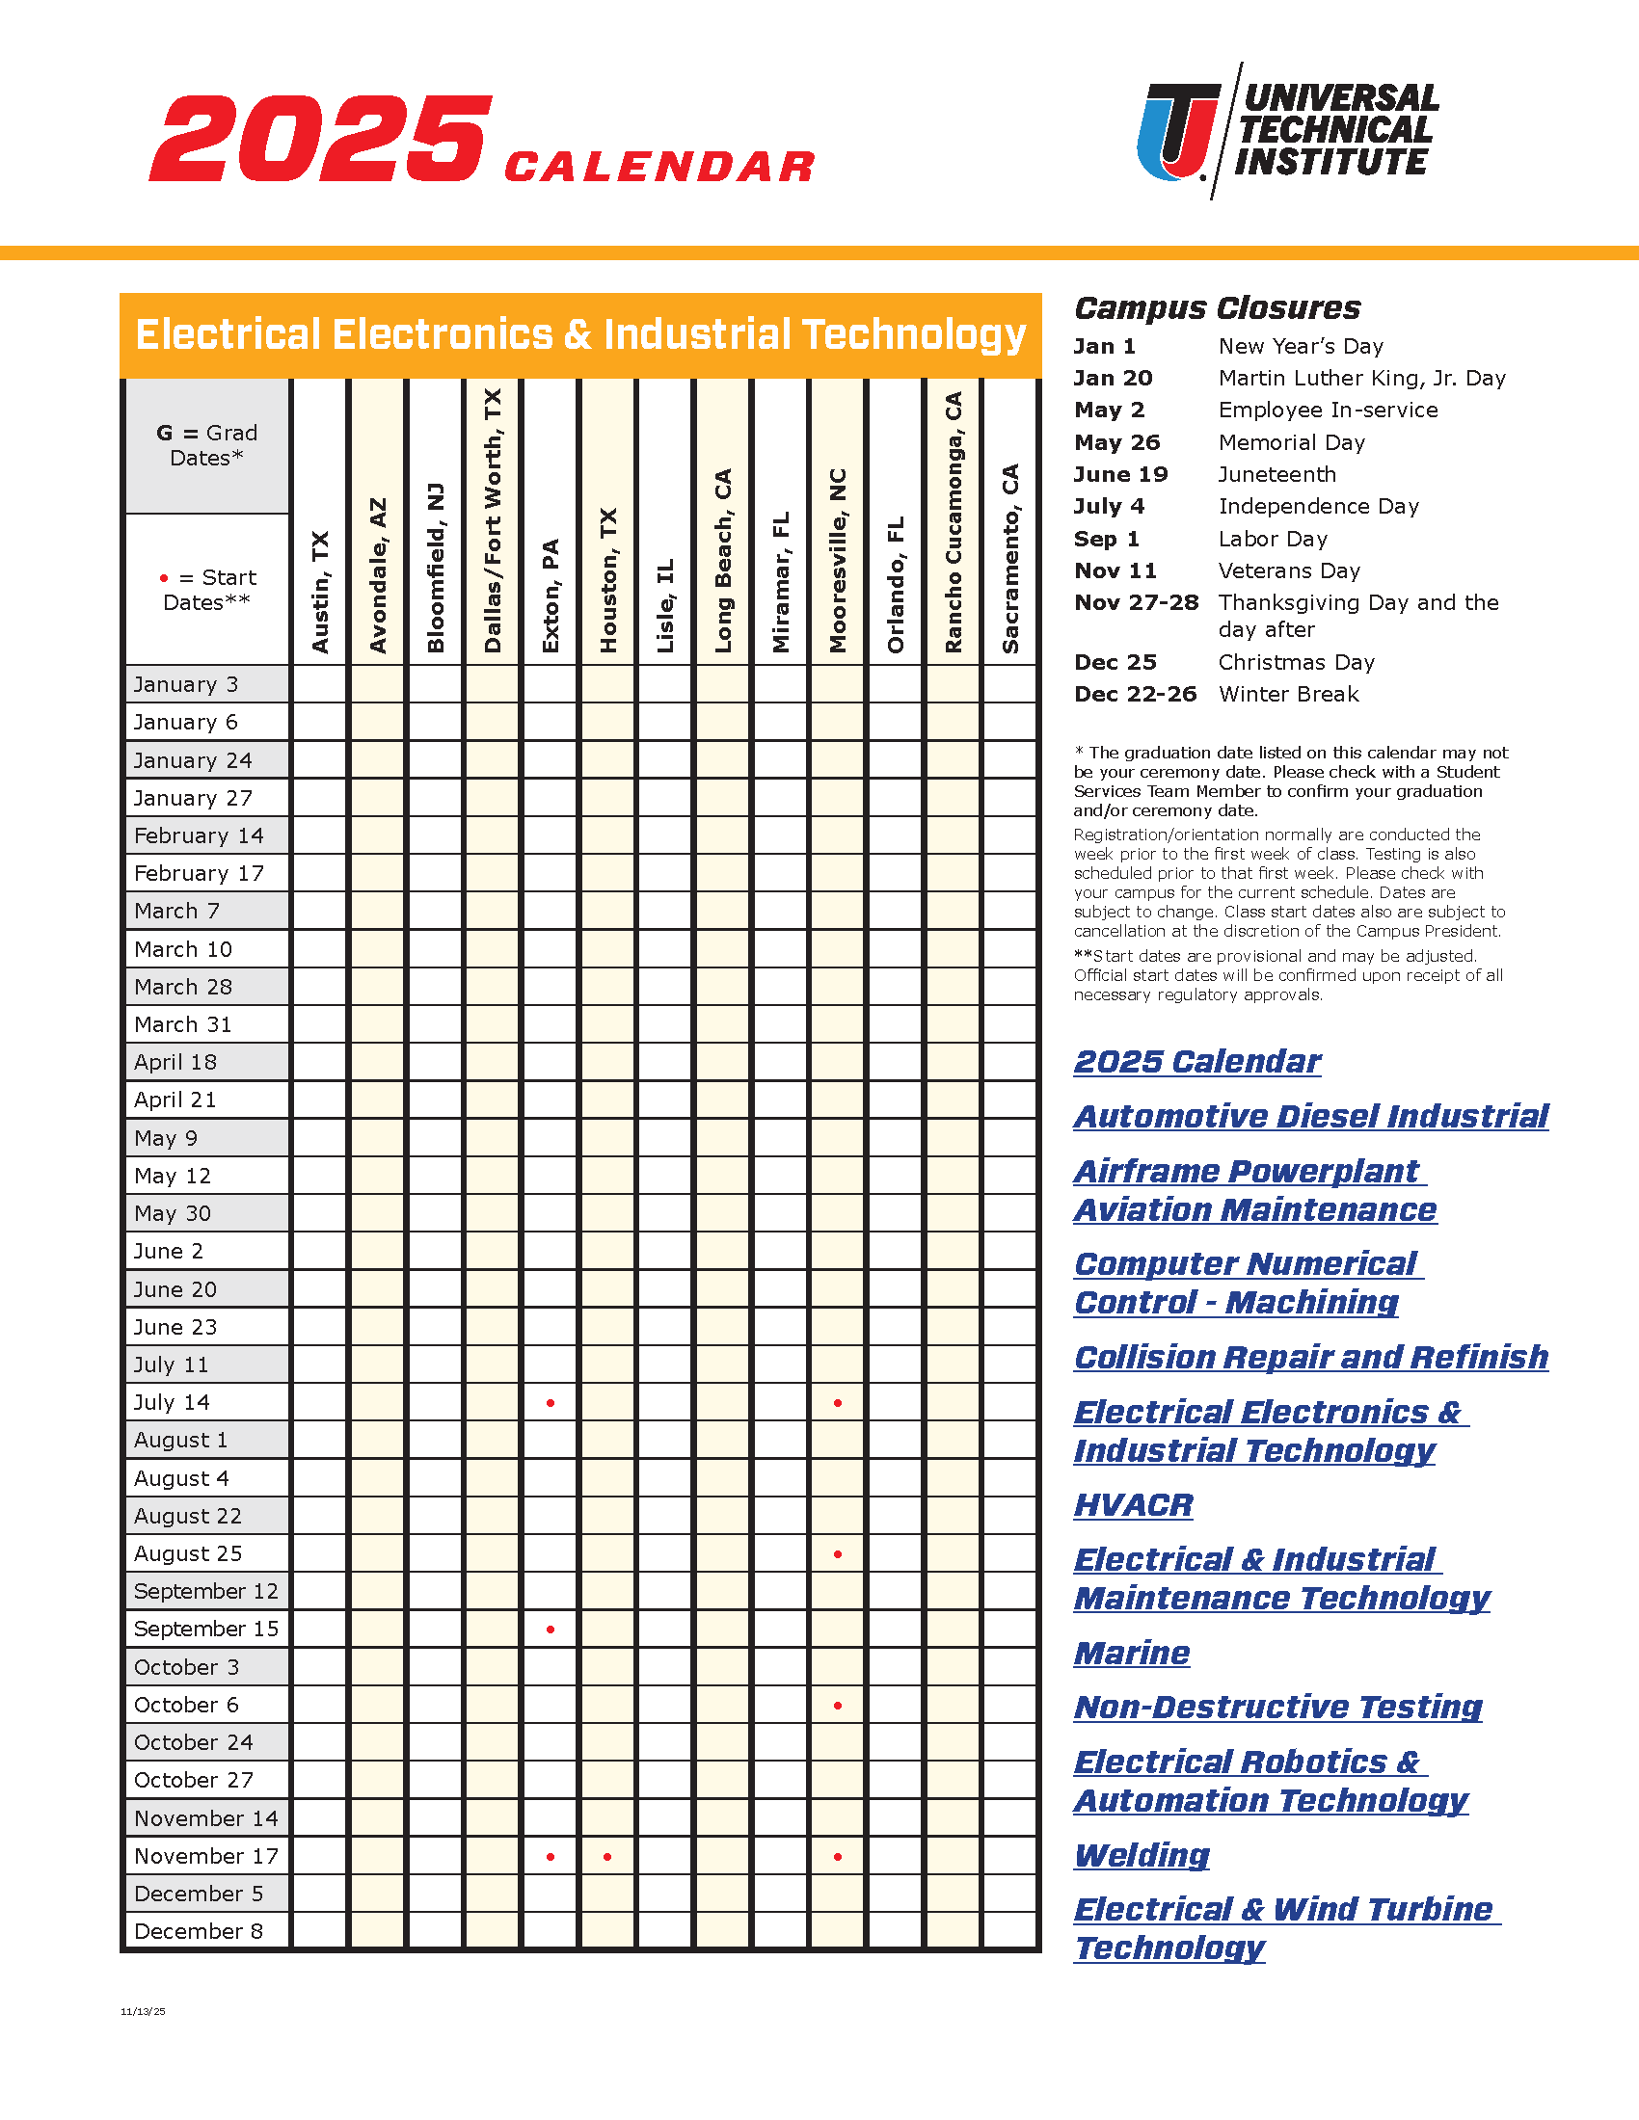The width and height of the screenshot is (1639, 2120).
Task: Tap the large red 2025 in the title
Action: click(x=320, y=138)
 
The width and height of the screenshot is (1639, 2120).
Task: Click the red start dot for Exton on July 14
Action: click(x=551, y=1403)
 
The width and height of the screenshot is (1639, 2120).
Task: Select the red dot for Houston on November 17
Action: click(x=607, y=1857)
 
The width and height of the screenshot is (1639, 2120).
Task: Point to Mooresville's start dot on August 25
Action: click(x=838, y=1554)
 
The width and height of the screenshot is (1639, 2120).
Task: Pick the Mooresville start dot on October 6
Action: click(x=838, y=1706)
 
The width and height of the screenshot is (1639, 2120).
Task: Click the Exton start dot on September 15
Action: click(x=551, y=1630)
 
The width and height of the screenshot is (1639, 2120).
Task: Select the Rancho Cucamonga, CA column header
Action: click(x=954, y=522)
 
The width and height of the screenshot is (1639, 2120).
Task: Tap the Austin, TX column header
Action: click(x=320, y=591)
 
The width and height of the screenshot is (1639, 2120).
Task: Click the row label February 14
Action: click(x=199, y=835)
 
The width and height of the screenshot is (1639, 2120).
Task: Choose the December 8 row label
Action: click(x=199, y=1932)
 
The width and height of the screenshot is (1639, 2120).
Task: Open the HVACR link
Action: click(x=1133, y=1505)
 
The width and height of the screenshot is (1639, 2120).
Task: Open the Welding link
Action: click(x=1142, y=1856)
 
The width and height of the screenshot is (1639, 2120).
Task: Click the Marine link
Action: click(x=1132, y=1653)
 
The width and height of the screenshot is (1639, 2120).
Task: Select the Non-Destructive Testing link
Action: click(x=1277, y=1708)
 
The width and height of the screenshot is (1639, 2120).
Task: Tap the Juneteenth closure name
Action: click(x=1276, y=475)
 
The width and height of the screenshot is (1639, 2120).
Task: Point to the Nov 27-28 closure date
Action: click(x=1136, y=603)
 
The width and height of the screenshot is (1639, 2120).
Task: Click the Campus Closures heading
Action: click(x=1218, y=308)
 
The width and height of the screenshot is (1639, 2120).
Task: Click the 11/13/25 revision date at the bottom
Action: click(x=143, y=2012)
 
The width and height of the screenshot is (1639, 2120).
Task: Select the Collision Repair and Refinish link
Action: click(x=1311, y=1358)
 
